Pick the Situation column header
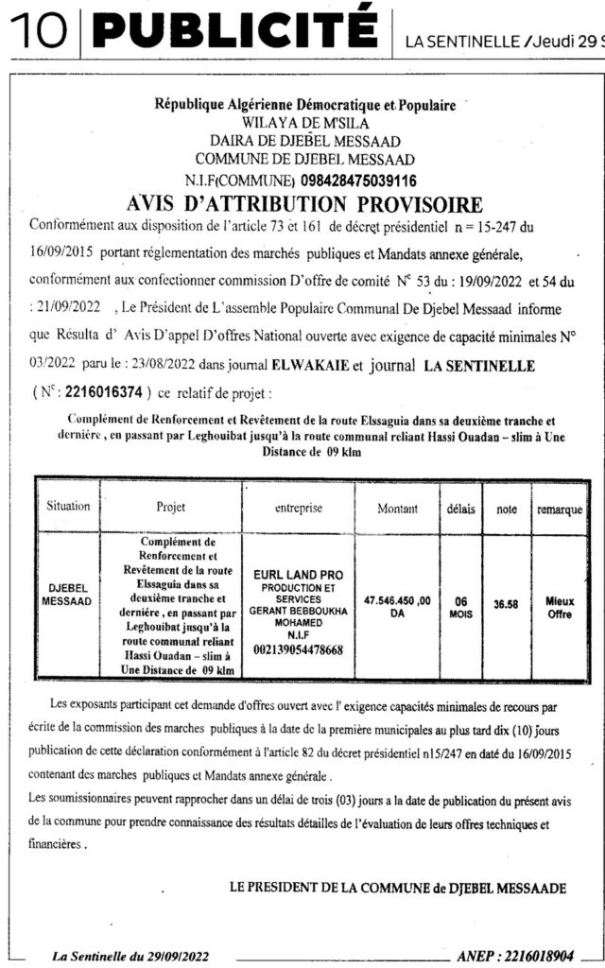(67, 507)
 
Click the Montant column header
(397, 508)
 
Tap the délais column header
(461, 508)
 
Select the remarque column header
(560, 509)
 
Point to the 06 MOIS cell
(461, 606)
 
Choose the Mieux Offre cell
(560, 606)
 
